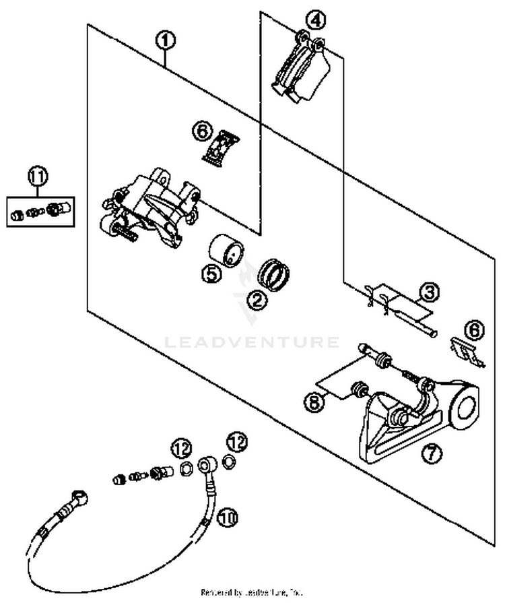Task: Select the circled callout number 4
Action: click(314, 20)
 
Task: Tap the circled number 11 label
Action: click(38, 178)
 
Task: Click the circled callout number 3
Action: click(428, 292)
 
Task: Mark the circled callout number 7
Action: click(432, 454)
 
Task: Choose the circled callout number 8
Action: click(312, 403)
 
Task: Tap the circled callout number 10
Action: click(228, 517)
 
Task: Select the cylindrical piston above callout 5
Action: click(225, 250)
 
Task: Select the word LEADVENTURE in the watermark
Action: click(252, 342)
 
